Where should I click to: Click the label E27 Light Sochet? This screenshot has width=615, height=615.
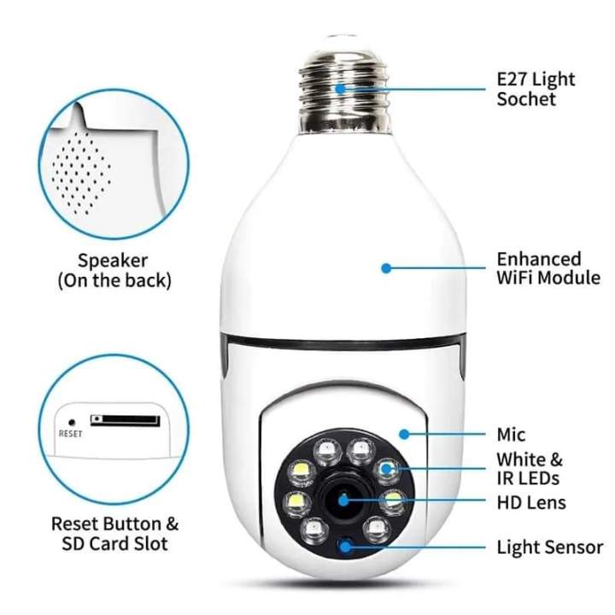click(x=536, y=89)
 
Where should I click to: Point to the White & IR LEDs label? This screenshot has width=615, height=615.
click(x=530, y=468)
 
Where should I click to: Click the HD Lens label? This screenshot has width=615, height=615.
click(x=530, y=501)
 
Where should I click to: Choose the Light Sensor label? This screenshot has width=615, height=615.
click(x=549, y=548)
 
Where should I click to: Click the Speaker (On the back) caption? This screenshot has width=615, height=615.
click(x=114, y=270)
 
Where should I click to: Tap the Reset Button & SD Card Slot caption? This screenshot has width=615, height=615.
click(x=115, y=532)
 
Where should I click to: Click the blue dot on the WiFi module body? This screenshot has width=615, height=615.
click(x=386, y=267)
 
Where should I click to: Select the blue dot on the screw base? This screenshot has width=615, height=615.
click(x=340, y=87)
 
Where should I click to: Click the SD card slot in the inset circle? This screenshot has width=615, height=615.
click(x=125, y=420)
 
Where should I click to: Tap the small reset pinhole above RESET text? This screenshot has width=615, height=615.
click(x=71, y=421)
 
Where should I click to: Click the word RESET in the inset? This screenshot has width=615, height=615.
click(x=70, y=434)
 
